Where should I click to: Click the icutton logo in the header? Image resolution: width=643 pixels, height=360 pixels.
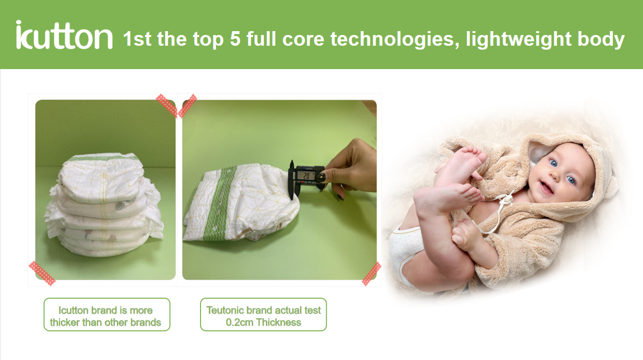64,35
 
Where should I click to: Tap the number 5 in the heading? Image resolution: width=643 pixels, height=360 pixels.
235,39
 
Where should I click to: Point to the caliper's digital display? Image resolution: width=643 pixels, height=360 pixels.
307,175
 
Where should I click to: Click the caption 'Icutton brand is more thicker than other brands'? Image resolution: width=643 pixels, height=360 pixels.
105,316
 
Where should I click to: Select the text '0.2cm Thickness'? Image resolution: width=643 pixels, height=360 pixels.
263,323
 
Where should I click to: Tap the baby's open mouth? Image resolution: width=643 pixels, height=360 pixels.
546,188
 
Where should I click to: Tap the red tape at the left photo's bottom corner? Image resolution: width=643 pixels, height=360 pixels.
42,273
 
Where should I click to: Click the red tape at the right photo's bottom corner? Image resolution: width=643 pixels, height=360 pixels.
371,274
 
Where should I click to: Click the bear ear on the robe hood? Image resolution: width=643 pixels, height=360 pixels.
611,188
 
